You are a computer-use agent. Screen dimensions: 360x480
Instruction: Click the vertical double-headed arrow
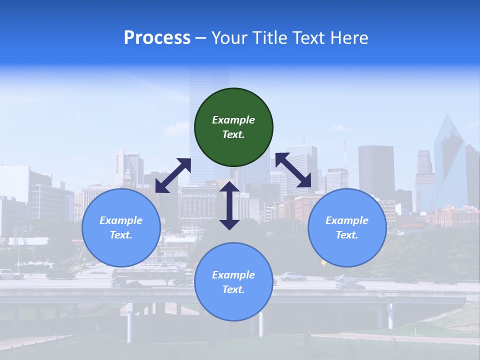click(x=229, y=205)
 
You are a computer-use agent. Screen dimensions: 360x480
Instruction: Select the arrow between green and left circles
click(x=173, y=175)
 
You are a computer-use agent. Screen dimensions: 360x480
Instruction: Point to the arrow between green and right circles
click(x=293, y=170)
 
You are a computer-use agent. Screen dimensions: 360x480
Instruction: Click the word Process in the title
click(x=157, y=37)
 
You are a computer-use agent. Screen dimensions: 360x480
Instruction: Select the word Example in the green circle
click(x=233, y=120)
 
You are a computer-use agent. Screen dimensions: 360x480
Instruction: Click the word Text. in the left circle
click(x=121, y=235)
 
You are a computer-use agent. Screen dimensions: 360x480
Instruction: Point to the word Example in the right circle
click(x=347, y=220)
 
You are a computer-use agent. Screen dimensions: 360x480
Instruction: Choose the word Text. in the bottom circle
click(x=233, y=289)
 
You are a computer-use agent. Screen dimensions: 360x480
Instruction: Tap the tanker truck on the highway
click(x=150, y=276)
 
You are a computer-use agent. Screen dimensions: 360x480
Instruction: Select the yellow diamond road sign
click(x=323, y=262)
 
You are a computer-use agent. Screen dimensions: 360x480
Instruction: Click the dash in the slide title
click(x=201, y=38)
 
